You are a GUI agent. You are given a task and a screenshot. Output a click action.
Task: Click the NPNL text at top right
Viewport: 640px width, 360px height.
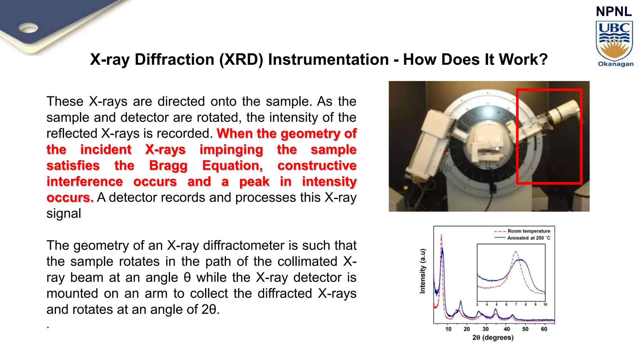(x=614, y=12)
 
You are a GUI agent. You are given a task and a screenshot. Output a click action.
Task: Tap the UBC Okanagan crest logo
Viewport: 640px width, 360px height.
(x=614, y=42)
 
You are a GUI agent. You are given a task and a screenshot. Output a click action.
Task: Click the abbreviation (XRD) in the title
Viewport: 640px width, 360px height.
(x=241, y=59)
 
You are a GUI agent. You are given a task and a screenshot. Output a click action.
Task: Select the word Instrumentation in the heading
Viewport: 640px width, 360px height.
(x=328, y=59)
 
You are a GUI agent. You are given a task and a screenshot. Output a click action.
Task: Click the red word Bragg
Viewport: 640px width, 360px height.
(x=168, y=166)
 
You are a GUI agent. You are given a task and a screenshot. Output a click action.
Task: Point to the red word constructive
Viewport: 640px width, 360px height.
(x=317, y=166)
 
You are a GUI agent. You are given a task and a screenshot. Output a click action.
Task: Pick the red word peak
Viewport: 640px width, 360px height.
(x=254, y=182)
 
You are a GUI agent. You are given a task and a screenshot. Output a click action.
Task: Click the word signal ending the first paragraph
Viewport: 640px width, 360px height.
(x=64, y=214)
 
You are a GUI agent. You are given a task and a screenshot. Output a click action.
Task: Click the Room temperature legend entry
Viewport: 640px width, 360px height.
(x=528, y=231)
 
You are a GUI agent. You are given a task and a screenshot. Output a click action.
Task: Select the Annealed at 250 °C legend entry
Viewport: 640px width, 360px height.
(x=528, y=238)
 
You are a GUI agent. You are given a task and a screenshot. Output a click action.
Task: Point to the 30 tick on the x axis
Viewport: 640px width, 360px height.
(x=485, y=329)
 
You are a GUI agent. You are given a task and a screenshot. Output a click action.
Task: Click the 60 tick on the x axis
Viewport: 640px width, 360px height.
(x=544, y=329)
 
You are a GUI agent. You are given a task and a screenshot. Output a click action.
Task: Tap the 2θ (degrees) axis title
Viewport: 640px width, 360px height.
(x=493, y=338)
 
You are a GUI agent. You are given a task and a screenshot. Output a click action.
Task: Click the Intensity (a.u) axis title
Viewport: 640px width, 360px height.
(x=422, y=271)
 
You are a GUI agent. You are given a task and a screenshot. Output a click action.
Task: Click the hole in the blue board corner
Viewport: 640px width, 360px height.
(x=28, y=28)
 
